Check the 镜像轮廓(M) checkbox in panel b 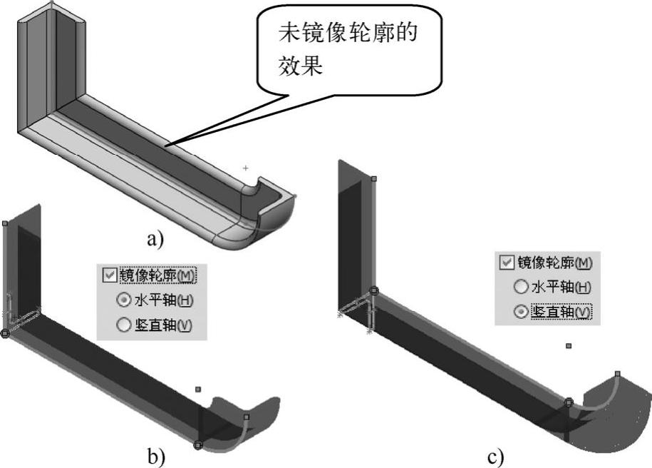point(109,275)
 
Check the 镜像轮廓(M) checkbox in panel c point(507,263)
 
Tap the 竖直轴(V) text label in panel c point(561,312)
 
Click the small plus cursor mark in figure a point(246,168)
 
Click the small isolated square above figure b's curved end point(199,390)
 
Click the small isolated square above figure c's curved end point(568,346)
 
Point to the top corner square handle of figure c point(374,179)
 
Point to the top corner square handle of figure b point(6,223)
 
